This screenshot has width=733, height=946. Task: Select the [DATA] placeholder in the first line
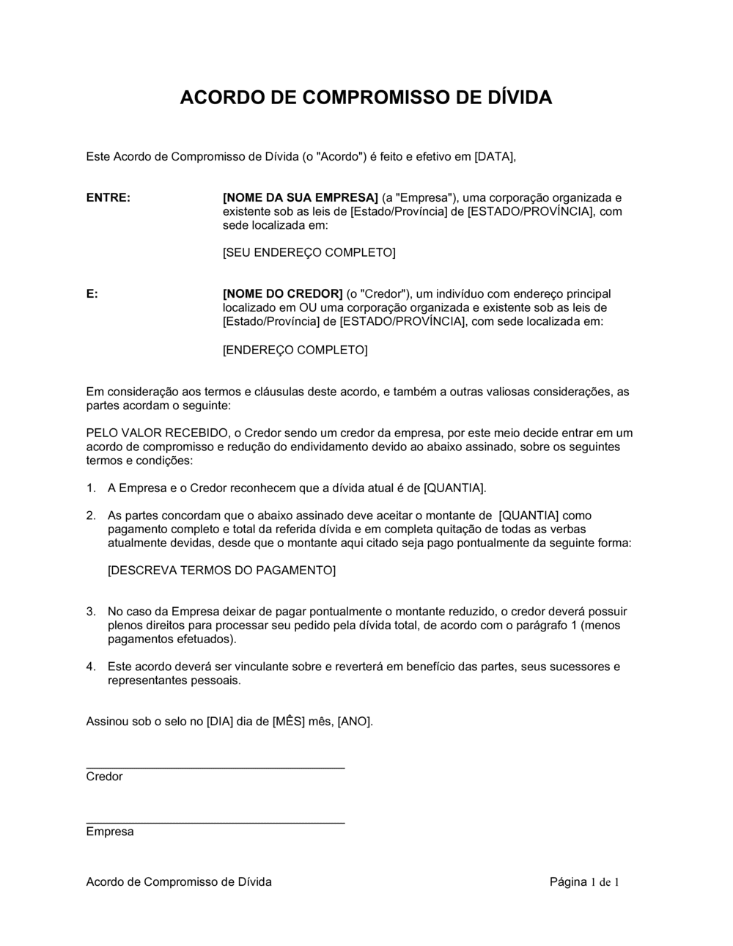pyautogui.click(x=495, y=156)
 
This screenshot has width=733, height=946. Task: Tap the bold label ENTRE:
pyautogui.click(x=108, y=198)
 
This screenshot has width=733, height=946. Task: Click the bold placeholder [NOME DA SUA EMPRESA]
pyautogui.click(x=300, y=198)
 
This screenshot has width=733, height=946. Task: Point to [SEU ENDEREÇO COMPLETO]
pyautogui.click(x=309, y=253)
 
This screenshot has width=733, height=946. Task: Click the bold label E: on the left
pyautogui.click(x=92, y=294)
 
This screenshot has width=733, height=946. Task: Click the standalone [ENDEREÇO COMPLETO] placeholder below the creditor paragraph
pyautogui.click(x=295, y=350)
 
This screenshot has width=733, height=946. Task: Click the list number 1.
pyautogui.click(x=90, y=488)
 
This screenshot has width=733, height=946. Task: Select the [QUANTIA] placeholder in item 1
pyautogui.click(x=454, y=488)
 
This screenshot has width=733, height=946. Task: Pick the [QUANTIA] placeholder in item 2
pyautogui.click(x=528, y=516)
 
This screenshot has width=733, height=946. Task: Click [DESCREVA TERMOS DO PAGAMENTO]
pyautogui.click(x=221, y=571)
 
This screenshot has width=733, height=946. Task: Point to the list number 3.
pyautogui.click(x=90, y=612)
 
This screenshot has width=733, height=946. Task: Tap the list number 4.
pyautogui.click(x=90, y=667)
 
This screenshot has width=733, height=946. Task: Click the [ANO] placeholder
pyautogui.click(x=354, y=722)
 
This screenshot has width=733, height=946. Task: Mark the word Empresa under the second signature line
pyautogui.click(x=110, y=832)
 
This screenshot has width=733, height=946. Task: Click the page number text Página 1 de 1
pyautogui.click(x=584, y=882)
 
